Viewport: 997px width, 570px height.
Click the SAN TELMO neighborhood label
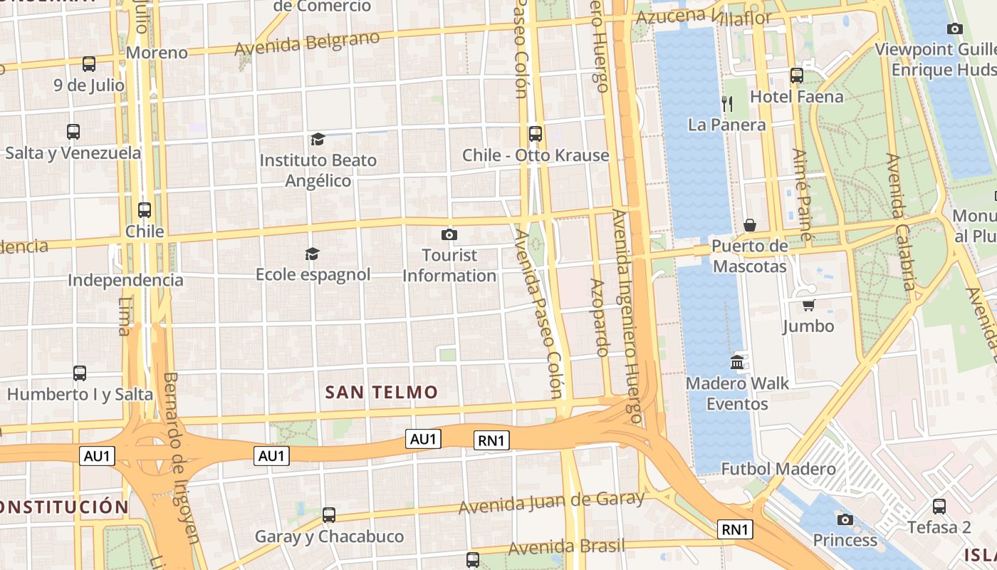(x=381, y=392)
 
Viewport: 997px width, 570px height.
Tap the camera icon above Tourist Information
(x=449, y=234)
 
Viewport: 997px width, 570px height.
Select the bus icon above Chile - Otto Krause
(x=535, y=134)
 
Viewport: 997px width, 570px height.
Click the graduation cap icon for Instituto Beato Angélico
(x=318, y=139)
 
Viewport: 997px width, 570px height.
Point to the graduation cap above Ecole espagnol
(x=312, y=254)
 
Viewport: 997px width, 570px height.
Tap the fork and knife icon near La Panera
(x=726, y=103)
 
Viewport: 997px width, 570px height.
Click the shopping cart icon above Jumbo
(x=808, y=306)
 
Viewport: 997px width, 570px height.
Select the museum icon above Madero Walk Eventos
(x=737, y=362)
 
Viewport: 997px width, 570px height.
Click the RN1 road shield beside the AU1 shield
(x=491, y=440)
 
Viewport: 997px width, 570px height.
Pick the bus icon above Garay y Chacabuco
(x=328, y=514)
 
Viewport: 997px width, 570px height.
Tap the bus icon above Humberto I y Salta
(x=80, y=373)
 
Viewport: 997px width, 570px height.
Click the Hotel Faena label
(x=796, y=96)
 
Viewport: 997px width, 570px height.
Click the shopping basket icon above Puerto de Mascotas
(x=750, y=226)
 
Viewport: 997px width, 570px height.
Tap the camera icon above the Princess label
(x=845, y=519)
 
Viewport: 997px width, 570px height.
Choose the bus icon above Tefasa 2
(x=939, y=507)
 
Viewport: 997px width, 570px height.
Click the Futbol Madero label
(x=778, y=469)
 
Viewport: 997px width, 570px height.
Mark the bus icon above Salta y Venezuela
(x=73, y=132)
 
